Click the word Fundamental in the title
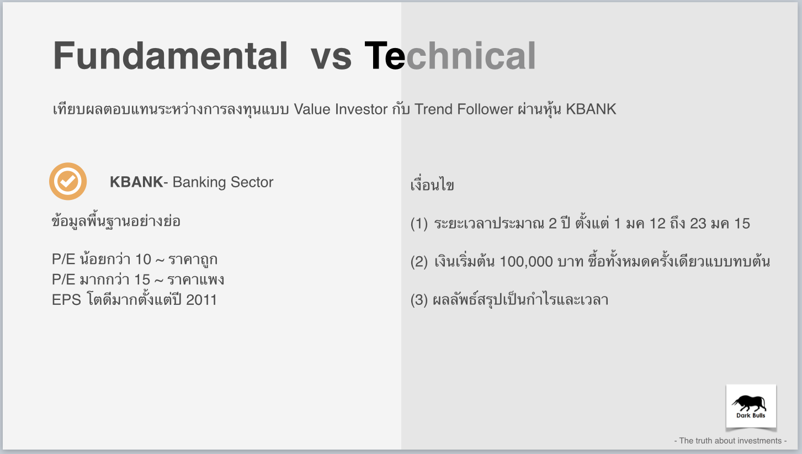[x=170, y=56]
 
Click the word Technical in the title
[x=450, y=56]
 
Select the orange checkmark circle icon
[x=68, y=181]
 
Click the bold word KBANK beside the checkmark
[x=136, y=182]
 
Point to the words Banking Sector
[x=222, y=182]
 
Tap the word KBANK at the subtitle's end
[x=591, y=109]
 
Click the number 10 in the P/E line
[x=143, y=260]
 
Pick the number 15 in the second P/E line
[x=142, y=279]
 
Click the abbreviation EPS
[x=67, y=300]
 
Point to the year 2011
[x=201, y=300]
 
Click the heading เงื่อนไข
[x=432, y=185]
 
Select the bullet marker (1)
[x=419, y=224]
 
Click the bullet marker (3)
[x=419, y=300]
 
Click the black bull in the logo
[x=750, y=403]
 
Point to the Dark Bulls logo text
[x=751, y=416]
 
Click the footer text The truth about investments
[x=730, y=441]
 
